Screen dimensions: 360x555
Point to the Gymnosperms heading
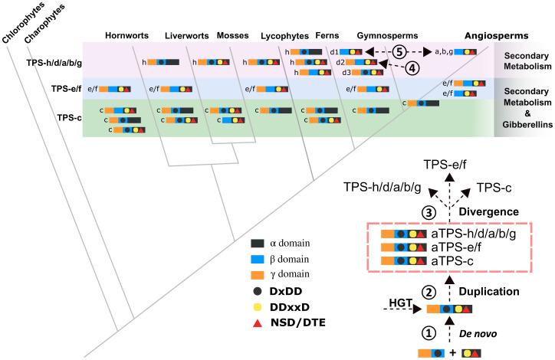pyautogui.click(x=382, y=35)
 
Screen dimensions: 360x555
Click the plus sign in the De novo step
pyautogui.click(x=451, y=353)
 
